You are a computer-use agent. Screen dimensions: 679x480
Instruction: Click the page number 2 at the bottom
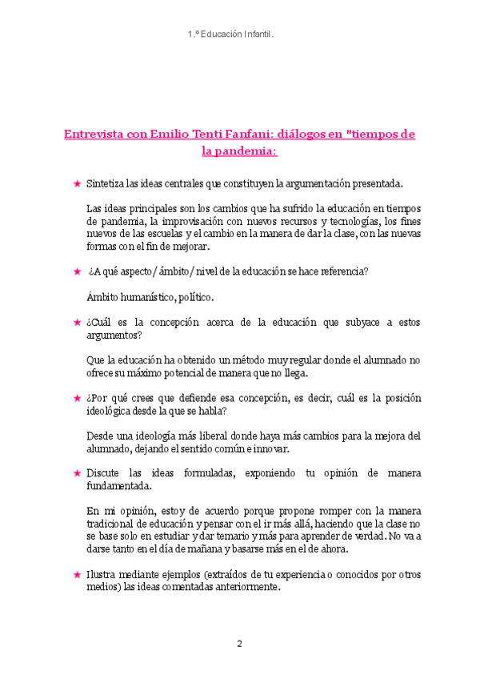239,643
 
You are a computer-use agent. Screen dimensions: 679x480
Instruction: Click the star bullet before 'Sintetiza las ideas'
77,183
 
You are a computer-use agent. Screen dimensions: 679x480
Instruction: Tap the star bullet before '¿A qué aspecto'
77,271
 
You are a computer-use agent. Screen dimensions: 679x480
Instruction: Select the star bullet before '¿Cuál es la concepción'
77,322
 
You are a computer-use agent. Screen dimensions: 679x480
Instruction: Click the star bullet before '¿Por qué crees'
77,398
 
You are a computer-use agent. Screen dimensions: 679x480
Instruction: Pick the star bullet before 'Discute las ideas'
77,473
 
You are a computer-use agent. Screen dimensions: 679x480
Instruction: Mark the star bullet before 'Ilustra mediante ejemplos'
77,574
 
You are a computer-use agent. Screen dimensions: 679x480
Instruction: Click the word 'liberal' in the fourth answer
201,436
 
